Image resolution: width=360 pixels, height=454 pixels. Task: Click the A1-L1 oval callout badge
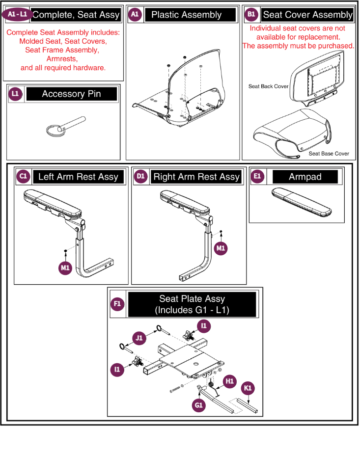17,14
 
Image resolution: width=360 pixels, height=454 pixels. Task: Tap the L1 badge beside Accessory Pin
15,94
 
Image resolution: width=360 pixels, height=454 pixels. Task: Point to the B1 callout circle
251,14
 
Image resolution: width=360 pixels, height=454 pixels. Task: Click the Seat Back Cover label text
268,86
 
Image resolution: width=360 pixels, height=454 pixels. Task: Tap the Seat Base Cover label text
329,154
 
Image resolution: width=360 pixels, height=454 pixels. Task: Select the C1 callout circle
24,176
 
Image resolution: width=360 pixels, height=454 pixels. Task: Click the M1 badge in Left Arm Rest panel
65,268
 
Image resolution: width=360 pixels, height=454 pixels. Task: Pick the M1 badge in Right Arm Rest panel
221,248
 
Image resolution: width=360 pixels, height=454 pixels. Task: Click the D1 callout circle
141,176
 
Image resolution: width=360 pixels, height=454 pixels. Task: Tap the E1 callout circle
257,176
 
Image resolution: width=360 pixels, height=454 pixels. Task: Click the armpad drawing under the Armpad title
302,202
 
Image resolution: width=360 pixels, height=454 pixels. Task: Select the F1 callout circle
117,304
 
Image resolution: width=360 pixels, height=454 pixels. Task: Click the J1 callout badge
139,338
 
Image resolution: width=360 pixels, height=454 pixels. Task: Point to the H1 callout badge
230,381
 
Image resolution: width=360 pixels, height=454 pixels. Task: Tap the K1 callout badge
248,388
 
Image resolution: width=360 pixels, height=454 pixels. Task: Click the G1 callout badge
199,405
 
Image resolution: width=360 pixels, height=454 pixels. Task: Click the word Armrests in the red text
62,59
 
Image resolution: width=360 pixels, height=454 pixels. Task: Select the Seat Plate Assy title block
192,304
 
